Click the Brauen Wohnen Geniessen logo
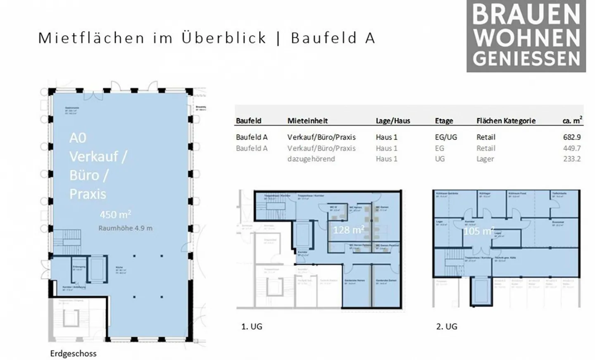(x=526, y=36)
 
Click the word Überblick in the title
(x=224, y=38)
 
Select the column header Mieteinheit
(x=307, y=121)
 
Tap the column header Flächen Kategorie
(x=506, y=121)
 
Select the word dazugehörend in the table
(x=311, y=159)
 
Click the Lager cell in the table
(x=485, y=159)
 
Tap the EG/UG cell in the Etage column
(x=446, y=137)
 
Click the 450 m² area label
(x=115, y=215)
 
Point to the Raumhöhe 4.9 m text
(x=125, y=228)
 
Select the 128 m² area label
(x=348, y=230)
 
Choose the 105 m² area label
(x=478, y=231)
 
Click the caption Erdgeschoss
(x=73, y=353)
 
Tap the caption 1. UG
(x=252, y=326)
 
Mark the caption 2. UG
(x=447, y=326)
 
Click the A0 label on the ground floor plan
(x=78, y=138)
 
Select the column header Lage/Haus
(x=393, y=121)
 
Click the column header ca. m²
(x=572, y=120)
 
